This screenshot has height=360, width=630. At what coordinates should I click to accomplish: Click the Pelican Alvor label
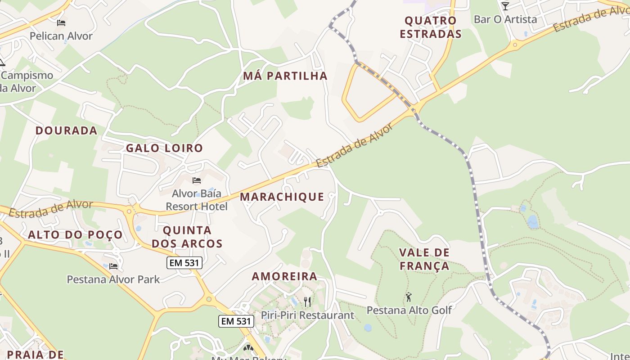(x=61, y=36)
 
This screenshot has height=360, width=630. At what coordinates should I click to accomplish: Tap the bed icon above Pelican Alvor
(x=61, y=22)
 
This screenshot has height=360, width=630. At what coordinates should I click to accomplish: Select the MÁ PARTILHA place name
(x=285, y=76)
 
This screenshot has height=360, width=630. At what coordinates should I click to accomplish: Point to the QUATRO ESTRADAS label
(x=431, y=27)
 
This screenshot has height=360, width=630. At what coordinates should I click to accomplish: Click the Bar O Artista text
(x=505, y=19)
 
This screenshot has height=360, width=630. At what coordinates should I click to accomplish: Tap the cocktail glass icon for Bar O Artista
(x=505, y=6)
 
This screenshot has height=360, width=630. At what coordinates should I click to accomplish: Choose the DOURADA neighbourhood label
(x=66, y=130)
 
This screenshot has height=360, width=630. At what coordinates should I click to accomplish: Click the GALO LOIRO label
(x=164, y=148)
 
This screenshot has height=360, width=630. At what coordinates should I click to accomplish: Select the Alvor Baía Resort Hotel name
(x=197, y=200)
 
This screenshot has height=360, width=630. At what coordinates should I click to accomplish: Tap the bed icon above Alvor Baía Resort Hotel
(x=197, y=180)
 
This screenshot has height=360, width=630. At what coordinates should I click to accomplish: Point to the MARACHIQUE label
(x=282, y=197)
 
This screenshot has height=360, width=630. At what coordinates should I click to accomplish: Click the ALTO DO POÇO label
(x=75, y=234)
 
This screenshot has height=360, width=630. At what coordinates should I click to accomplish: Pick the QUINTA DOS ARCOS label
(x=187, y=237)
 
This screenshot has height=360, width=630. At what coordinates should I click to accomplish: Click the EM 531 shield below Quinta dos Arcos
(x=184, y=263)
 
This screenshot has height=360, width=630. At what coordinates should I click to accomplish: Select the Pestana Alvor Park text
(x=113, y=279)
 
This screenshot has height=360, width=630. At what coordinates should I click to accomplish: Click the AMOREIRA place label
(x=284, y=276)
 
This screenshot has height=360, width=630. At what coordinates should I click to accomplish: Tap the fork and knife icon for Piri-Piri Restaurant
(x=307, y=301)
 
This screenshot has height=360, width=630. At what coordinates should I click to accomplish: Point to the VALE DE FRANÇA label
(x=424, y=259)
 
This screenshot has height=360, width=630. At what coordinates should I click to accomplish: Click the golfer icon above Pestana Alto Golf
(x=409, y=297)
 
